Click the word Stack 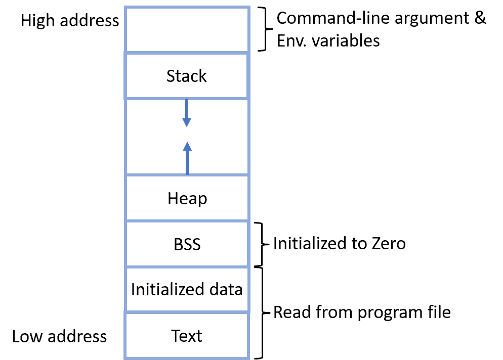coord(187,76)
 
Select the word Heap coord(187,199)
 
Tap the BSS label coord(187,244)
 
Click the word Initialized coord(161,290)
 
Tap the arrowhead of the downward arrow coord(187,122)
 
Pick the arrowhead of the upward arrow coord(187,146)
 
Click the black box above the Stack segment coord(187,29)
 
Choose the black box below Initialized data coord(187,335)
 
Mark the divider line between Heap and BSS coord(187,221)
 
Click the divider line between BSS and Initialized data coord(187,266)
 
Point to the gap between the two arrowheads coord(187,134)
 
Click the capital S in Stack coord(171,76)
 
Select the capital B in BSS coord(178,244)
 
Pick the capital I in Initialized coord(133,290)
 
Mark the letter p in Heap coord(202,200)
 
